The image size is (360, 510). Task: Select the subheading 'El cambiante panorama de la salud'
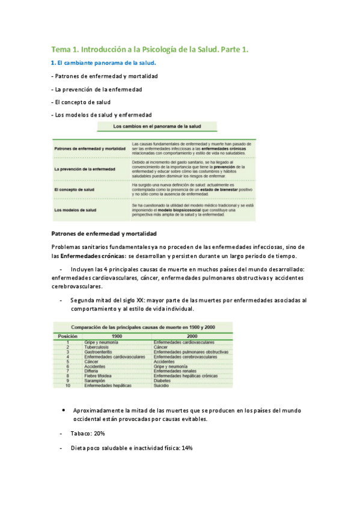pyautogui.click(x=106, y=63)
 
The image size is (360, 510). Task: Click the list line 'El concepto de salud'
pyautogui.click(x=82, y=102)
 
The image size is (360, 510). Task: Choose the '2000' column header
pyautogui.click(x=192, y=336)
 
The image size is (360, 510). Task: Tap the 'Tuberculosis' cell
pyautogui.click(x=99, y=347)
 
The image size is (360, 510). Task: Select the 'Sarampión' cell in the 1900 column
pyautogui.click(x=97, y=381)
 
